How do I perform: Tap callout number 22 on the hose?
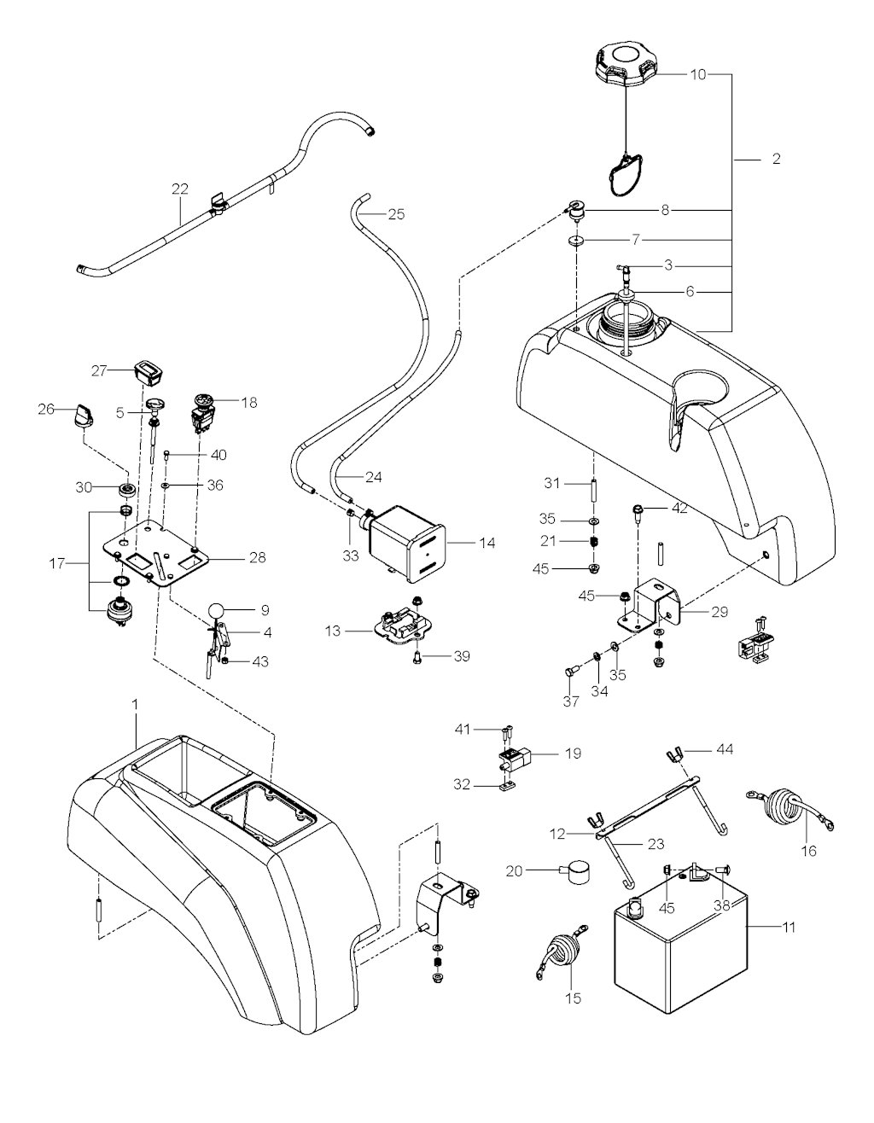179,189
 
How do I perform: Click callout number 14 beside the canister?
487,543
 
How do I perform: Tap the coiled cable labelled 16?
783,806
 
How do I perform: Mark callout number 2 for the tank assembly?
775,159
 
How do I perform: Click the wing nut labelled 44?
673,755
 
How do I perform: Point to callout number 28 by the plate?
257,558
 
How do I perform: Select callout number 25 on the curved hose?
396,214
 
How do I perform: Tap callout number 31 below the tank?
552,483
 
